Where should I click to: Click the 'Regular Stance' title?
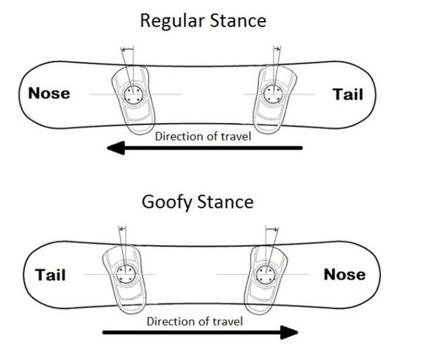[203, 20]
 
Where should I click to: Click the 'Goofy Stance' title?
[197, 203]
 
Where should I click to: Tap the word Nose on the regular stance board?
[48, 93]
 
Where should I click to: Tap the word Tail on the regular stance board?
[347, 94]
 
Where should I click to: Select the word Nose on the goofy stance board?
[344, 274]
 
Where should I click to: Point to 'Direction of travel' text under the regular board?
[203, 135]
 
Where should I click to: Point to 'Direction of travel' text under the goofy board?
[195, 321]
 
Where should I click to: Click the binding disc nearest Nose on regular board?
[131, 94]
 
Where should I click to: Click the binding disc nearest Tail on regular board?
[272, 94]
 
